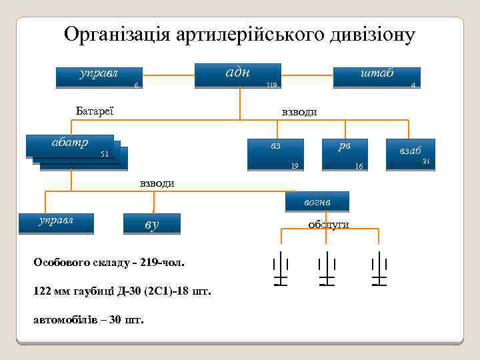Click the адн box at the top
[237, 75]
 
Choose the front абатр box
[69, 146]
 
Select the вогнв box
[317, 201]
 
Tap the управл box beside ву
[57, 223]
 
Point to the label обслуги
[328, 224]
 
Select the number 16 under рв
[359, 165]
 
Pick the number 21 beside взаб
[425, 162]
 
